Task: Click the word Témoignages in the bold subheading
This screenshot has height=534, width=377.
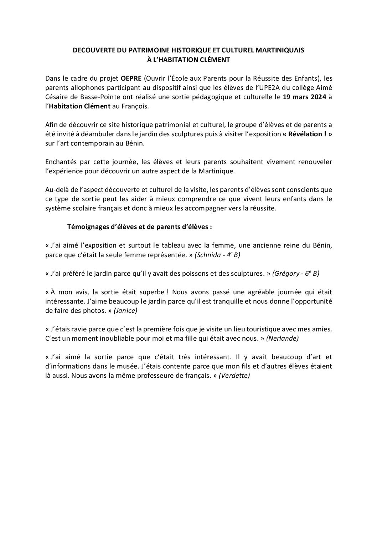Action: (x=87, y=227)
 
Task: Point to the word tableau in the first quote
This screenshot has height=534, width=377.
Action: (x=176, y=245)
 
